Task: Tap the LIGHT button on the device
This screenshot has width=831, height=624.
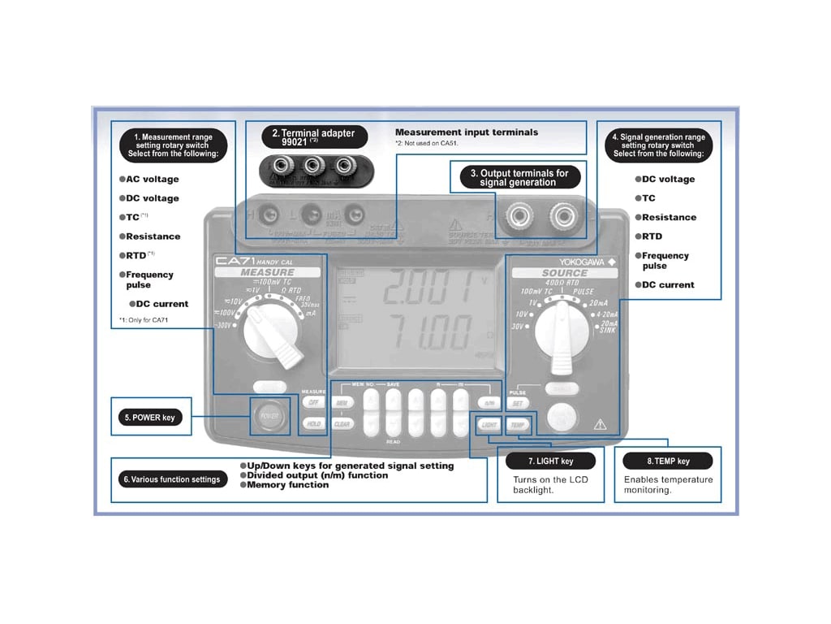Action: (x=489, y=424)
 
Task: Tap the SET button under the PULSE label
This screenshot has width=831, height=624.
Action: (x=519, y=403)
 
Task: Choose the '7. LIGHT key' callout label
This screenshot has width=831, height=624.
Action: (x=551, y=461)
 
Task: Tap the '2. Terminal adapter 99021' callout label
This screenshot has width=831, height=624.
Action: (x=313, y=136)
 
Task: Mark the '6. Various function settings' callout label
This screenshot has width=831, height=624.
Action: (x=172, y=479)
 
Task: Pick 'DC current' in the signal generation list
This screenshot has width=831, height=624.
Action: (x=667, y=284)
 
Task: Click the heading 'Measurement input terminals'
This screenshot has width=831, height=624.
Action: (x=466, y=132)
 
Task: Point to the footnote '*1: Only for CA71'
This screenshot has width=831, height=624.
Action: (x=144, y=320)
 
